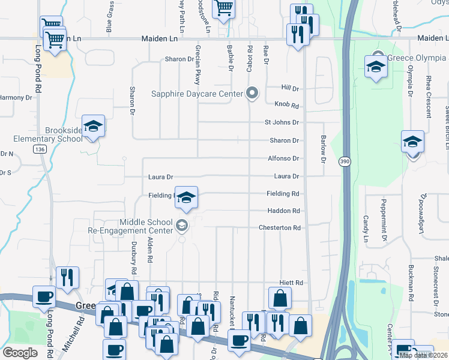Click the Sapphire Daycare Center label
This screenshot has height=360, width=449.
[x=197, y=94]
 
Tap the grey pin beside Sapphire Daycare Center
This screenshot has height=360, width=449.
[x=252, y=93]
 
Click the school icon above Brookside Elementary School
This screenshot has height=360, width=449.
[x=93, y=126]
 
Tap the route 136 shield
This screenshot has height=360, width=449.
[x=40, y=149]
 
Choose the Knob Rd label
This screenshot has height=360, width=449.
[x=286, y=105]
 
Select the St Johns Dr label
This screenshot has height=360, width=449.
[x=282, y=122]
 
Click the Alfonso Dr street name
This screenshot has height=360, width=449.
[x=283, y=158]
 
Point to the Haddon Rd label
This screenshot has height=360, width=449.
[x=283, y=211]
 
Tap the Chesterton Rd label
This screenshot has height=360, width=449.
[x=279, y=228]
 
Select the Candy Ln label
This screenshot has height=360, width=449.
[x=365, y=229]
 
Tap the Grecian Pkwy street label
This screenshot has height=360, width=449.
[x=197, y=64]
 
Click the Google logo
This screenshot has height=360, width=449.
[x=20, y=353]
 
